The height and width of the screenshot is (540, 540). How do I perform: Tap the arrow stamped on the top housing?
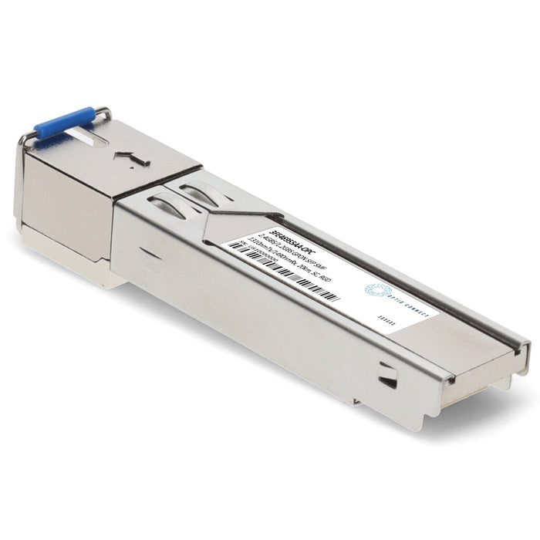(x=131, y=159)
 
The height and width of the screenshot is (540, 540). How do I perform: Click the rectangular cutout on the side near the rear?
(x=388, y=379)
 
